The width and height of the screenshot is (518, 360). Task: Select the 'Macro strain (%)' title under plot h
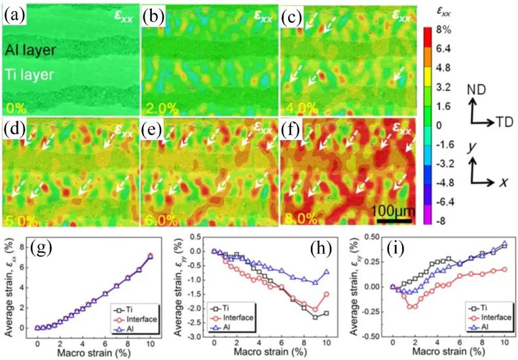[277, 354]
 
